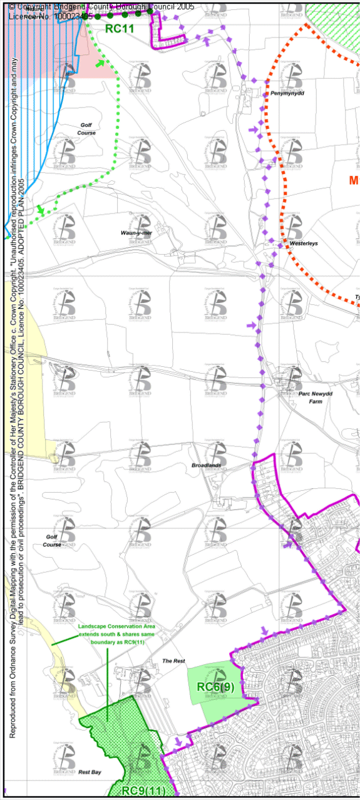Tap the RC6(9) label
click(215, 687)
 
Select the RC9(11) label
click(143, 791)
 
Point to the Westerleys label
click(303, 244)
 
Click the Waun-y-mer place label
click(136, 233)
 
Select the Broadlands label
click(207, 466)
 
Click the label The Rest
click(173, 661)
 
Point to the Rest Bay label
click(90, 772)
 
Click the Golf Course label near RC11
click(87, 129)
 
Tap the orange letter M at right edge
click(354, 180)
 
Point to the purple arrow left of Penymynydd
click(252, 130)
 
